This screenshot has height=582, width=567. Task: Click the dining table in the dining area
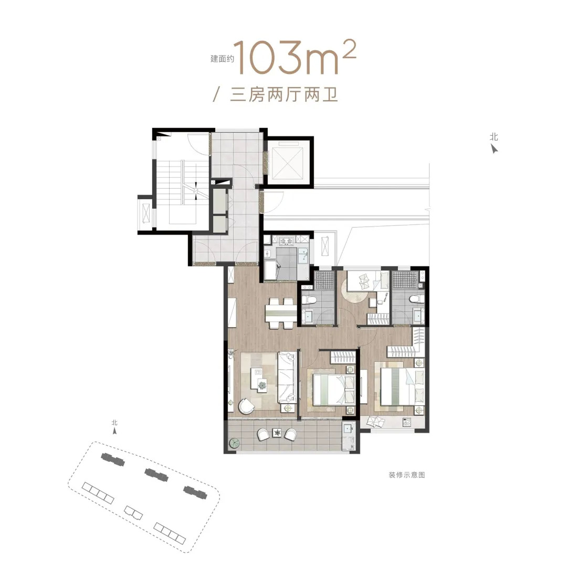tap(281, 314)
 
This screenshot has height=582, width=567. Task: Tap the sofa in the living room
tap(287, 377)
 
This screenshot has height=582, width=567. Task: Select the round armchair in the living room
tap(246, 406)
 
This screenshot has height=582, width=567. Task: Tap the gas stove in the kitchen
tap(287, 241)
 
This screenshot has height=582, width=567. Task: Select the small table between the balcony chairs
tap(277, 433)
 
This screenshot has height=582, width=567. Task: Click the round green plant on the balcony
tap(234, 443)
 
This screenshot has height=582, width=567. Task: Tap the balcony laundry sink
tap(348, 428)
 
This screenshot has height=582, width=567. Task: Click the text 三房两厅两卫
tap(284, 94)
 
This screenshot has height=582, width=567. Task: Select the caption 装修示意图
tap(406, 475)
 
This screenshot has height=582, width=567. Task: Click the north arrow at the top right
tap(494, 148)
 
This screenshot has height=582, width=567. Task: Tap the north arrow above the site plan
tap(115, 431)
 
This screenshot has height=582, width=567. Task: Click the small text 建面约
tap(222, 59)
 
